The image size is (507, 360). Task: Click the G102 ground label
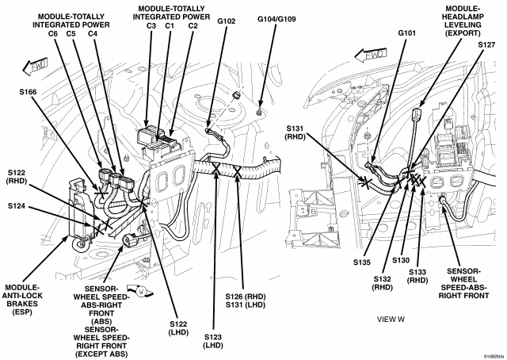[227, 21]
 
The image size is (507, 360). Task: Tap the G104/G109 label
[276, 19]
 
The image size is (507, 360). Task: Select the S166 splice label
[28, 92]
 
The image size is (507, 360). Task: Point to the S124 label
[17, 206]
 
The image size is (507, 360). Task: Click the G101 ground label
[406, 33]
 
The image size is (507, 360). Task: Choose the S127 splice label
[486, 45]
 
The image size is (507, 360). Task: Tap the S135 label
[362, 262]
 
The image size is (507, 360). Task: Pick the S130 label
[401, 260]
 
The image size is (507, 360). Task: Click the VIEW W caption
[391, 320]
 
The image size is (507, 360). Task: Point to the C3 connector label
[151, 25]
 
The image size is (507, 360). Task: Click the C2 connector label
[193, 25]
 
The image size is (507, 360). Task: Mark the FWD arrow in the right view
[371, 55]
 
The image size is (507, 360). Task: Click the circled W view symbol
[141, 291]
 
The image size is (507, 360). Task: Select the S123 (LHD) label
[213, 341]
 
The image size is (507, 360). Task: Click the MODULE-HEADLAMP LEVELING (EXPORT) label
[463, 21]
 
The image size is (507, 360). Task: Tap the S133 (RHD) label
[417, 276]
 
